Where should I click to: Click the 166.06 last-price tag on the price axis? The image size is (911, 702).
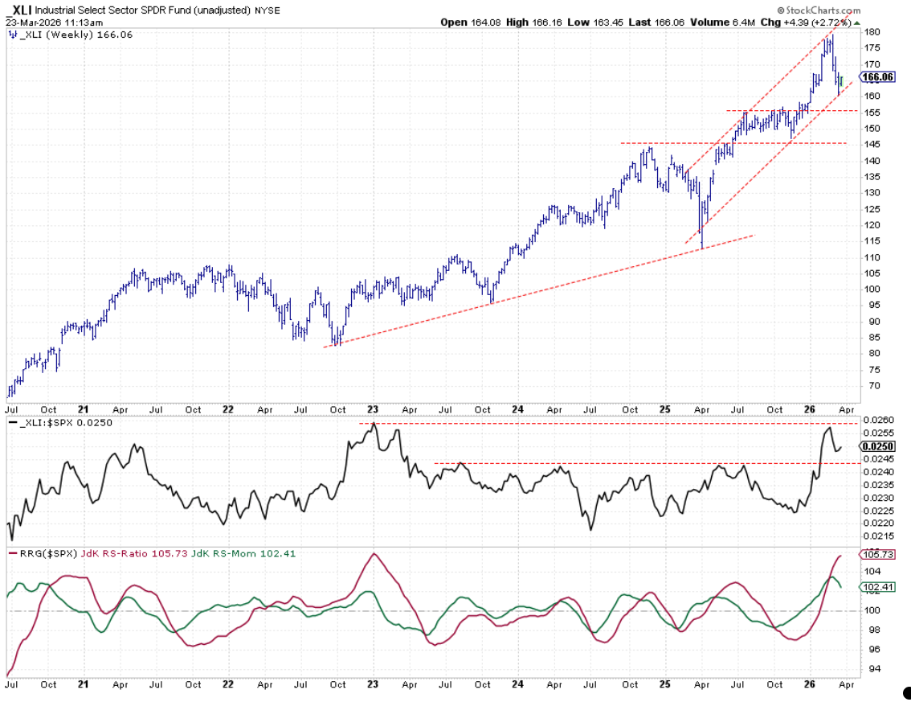[877, 77]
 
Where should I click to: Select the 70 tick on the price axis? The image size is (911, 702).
[870, 386]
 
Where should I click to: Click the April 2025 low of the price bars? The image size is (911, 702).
[702, 248]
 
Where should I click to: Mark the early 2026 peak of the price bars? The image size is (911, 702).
[832, 35]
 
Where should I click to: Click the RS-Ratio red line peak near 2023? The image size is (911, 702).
[373, 554]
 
